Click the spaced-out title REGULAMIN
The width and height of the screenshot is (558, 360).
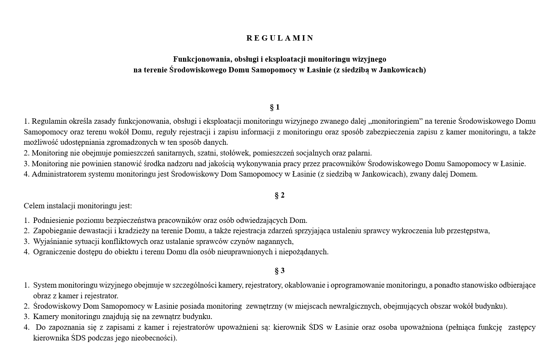coord(280,38)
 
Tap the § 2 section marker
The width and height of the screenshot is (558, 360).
coord(280,195)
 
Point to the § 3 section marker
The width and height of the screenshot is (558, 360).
coord(280,271)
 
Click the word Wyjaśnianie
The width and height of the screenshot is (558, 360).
coord(52,242)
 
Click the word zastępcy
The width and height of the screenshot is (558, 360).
coord(522,327)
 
